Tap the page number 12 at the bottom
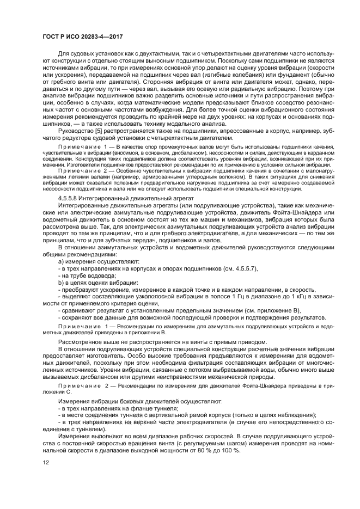45,463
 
